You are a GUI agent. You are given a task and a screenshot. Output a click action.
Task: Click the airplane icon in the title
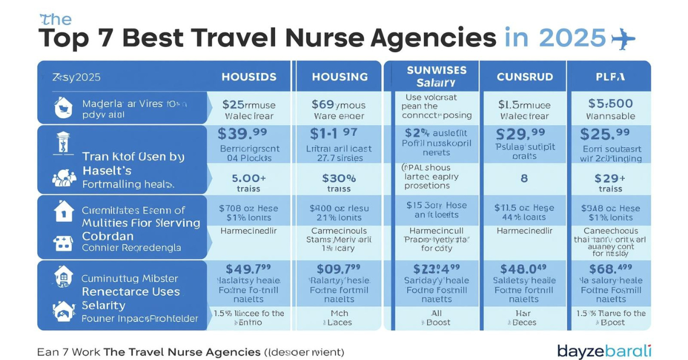(624, 38)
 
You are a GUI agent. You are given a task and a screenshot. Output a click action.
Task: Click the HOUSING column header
(339, 76)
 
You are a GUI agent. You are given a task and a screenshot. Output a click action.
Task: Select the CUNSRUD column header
(525, 76)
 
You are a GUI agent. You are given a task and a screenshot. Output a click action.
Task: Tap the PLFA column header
(609, 76)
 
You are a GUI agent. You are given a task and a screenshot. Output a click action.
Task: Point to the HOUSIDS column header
(249, 76)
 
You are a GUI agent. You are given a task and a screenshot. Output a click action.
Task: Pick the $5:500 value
(611, 104)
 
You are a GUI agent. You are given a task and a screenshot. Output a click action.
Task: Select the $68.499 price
(610, 268)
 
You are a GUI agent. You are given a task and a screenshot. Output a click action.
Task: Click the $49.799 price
(249, 268)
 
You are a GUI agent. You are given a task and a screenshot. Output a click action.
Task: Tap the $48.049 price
(523, 268)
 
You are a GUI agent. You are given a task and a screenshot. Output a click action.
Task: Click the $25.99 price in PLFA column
(609, 134)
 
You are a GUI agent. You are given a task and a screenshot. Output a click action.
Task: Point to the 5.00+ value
(248, 178)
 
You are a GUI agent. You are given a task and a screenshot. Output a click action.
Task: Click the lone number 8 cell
(523, 178)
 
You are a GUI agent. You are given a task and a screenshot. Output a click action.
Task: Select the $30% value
(339, 178)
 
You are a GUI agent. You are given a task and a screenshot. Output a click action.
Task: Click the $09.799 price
(338, 268)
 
